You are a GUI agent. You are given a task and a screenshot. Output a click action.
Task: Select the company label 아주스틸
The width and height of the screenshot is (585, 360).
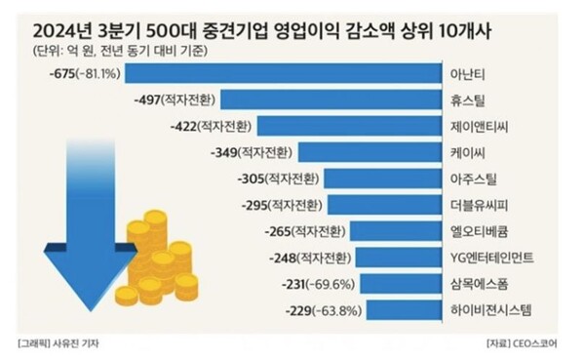pos(468,179)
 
